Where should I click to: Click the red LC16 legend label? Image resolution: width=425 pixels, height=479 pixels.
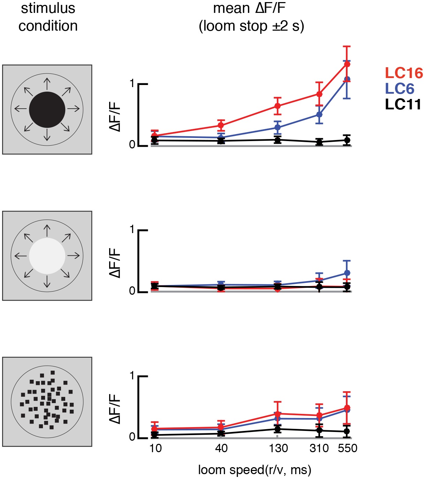click(404, 73)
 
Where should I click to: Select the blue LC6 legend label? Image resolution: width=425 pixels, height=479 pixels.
click(400, 89)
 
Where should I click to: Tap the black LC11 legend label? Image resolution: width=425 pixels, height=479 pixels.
click(403, 105)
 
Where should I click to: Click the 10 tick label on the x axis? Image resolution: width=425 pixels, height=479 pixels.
click(155, 448)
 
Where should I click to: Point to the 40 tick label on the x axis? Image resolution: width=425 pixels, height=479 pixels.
click(221, 448)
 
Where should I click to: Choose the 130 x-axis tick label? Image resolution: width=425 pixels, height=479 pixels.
click(278, 448)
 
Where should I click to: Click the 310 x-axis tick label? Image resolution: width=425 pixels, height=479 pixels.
click(319, 448)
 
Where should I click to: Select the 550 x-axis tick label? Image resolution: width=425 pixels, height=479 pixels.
click(348, 448)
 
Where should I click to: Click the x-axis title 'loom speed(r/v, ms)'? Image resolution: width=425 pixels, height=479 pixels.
click(255, 470)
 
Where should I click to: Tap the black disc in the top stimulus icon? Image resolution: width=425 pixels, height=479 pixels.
click(47, 110)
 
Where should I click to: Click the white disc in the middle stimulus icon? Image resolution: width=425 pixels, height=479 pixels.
click(47, 256)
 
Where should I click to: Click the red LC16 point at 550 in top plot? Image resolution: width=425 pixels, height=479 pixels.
click(347, 64)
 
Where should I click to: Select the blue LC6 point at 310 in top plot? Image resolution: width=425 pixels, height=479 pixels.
click(319, 115)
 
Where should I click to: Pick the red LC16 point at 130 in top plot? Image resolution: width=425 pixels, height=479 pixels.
click(278, 106)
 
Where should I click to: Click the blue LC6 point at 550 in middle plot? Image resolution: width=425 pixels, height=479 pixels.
click(347, 273)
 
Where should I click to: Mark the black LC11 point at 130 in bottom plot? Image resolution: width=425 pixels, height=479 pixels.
click(278, 429)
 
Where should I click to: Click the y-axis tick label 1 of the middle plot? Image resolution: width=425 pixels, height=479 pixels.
click(131, 229)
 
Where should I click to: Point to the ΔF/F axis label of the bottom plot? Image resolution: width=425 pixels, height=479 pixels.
click(115, 409)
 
